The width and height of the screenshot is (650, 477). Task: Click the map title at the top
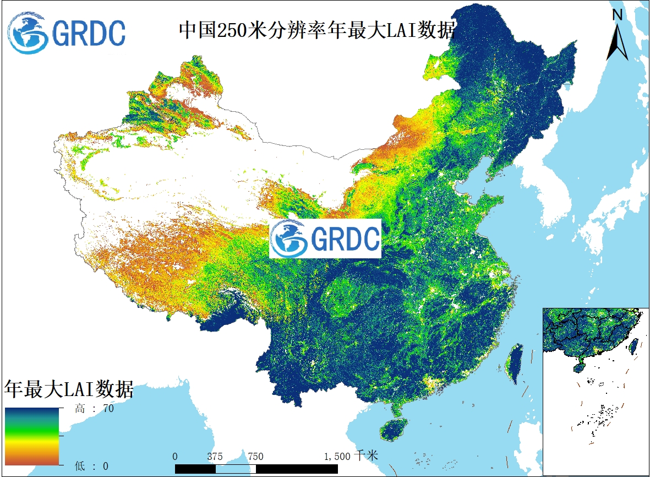click(x=317, y=30)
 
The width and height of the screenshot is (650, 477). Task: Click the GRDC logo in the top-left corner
click(x=67, y=33)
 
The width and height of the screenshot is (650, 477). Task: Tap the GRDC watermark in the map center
click(x=325, y=238)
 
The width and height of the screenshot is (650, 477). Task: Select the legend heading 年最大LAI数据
click(x=69, y=389)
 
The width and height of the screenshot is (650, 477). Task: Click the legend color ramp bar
click(x=32, y=436)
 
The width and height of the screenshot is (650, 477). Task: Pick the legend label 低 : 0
click(x=92, y=465)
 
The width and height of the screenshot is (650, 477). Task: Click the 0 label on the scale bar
click(x=175, y=456)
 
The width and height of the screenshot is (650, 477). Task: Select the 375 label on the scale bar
click(x=215, y=456)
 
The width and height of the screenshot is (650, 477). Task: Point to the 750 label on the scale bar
click(x=255, y=456)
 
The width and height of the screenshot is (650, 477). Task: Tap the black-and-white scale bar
click(x=256, y=468)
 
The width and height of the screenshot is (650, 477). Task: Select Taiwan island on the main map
click(x=515, y=364)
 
